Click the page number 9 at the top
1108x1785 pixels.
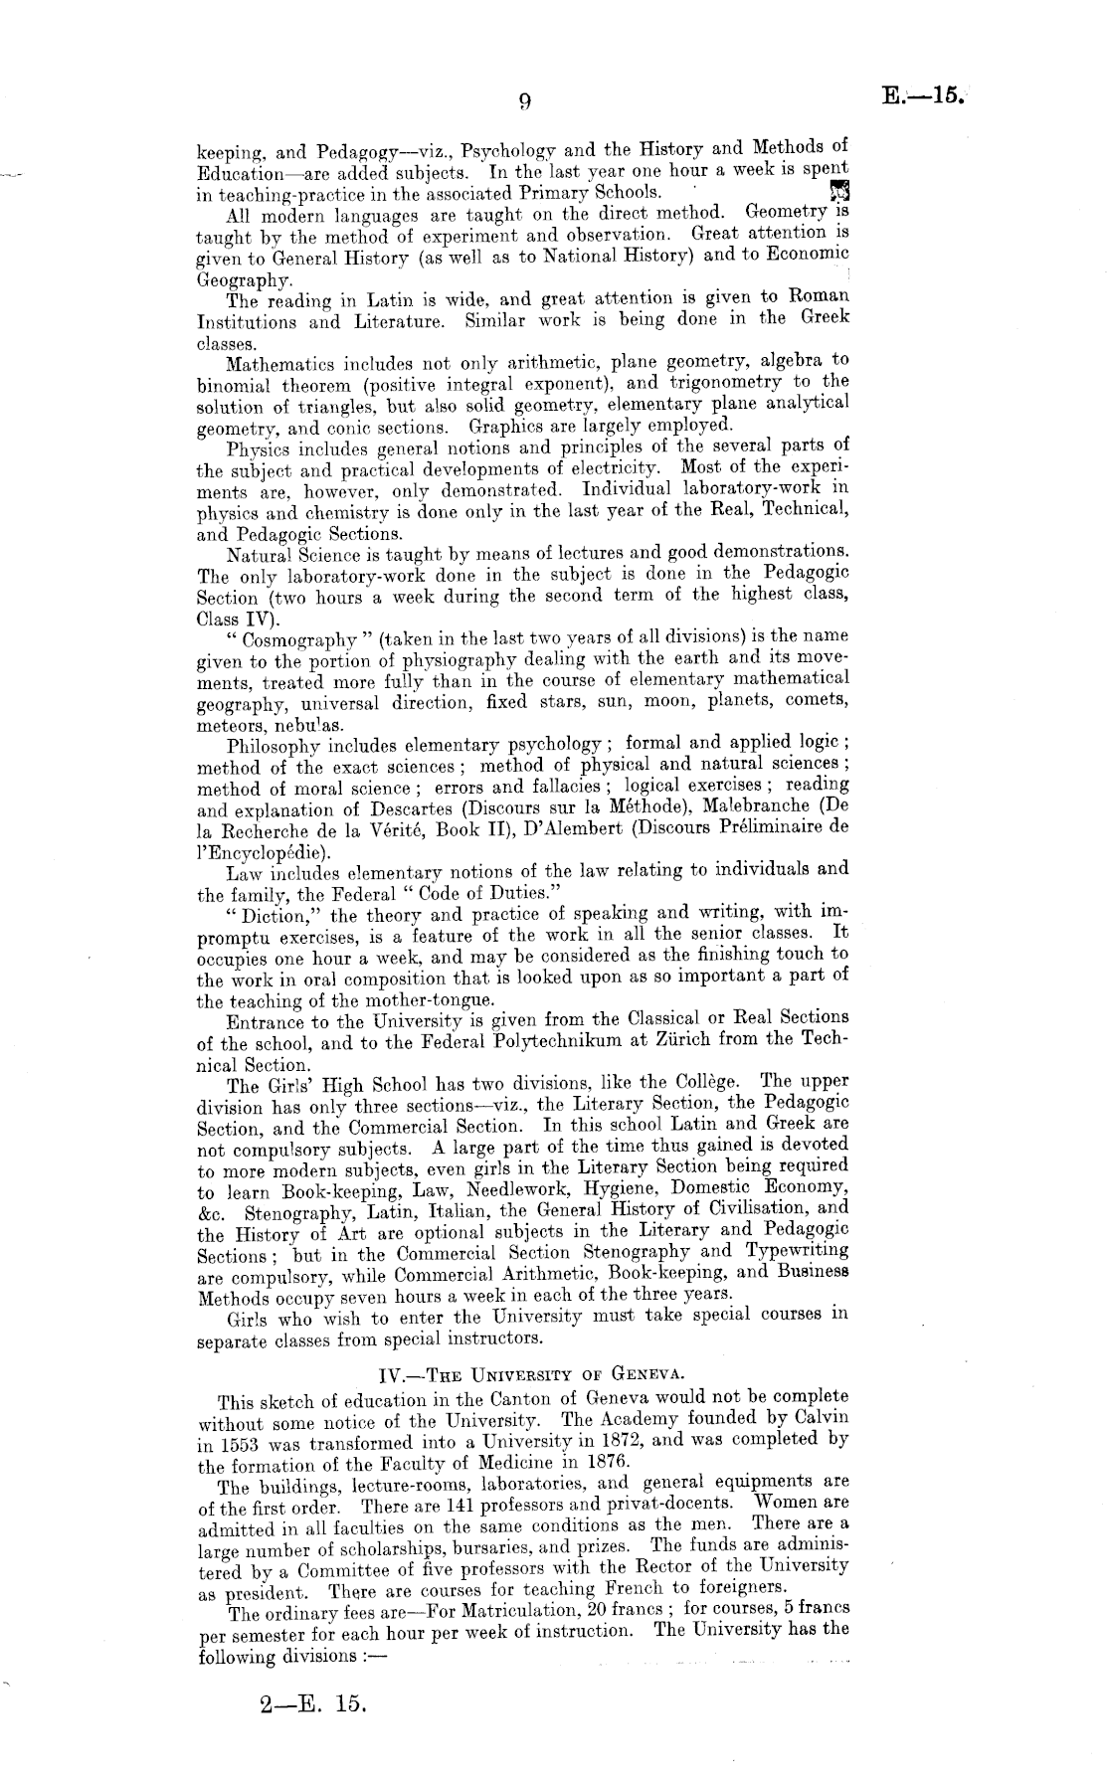525,99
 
